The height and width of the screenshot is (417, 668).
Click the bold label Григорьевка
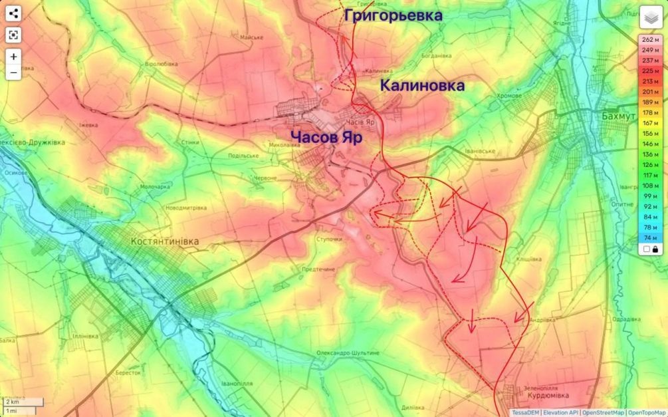pos(393,16)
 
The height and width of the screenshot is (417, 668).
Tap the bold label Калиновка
pos(422,86)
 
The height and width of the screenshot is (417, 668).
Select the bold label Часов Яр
pos(326,138)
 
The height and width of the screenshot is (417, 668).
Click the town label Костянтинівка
pos(165,241)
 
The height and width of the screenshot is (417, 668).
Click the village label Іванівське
pos(480,151)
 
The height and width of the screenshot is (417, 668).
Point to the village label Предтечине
pos(318,269)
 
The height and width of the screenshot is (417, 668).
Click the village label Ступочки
pos(329,239)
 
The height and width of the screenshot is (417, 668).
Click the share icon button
pos(13,13)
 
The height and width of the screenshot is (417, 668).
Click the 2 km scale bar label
pos(12,402)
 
